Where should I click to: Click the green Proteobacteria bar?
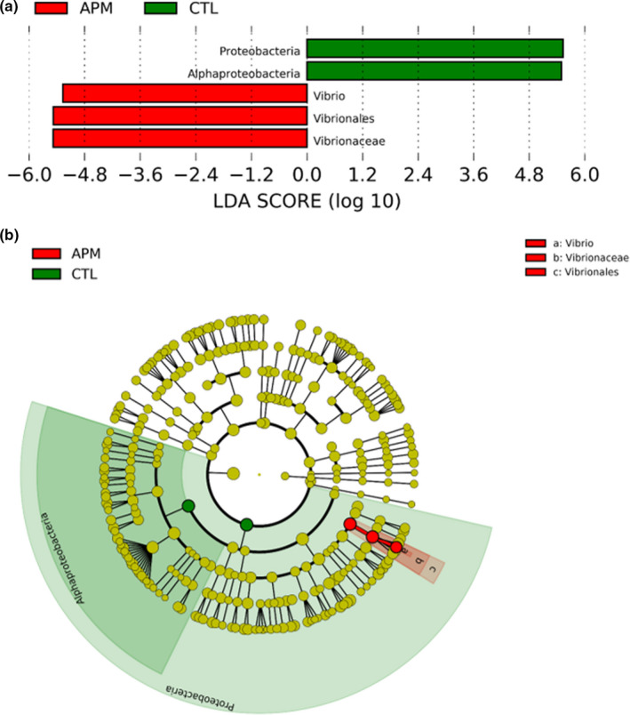[x=435, y=48]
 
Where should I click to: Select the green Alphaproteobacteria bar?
[x=434, y=70]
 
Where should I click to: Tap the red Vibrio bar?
[x=185, y=93]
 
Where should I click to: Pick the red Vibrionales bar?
[x=179, y=116]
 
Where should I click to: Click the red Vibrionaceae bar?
[x=179, y=139]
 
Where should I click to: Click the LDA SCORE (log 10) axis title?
[x=307, y=202]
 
